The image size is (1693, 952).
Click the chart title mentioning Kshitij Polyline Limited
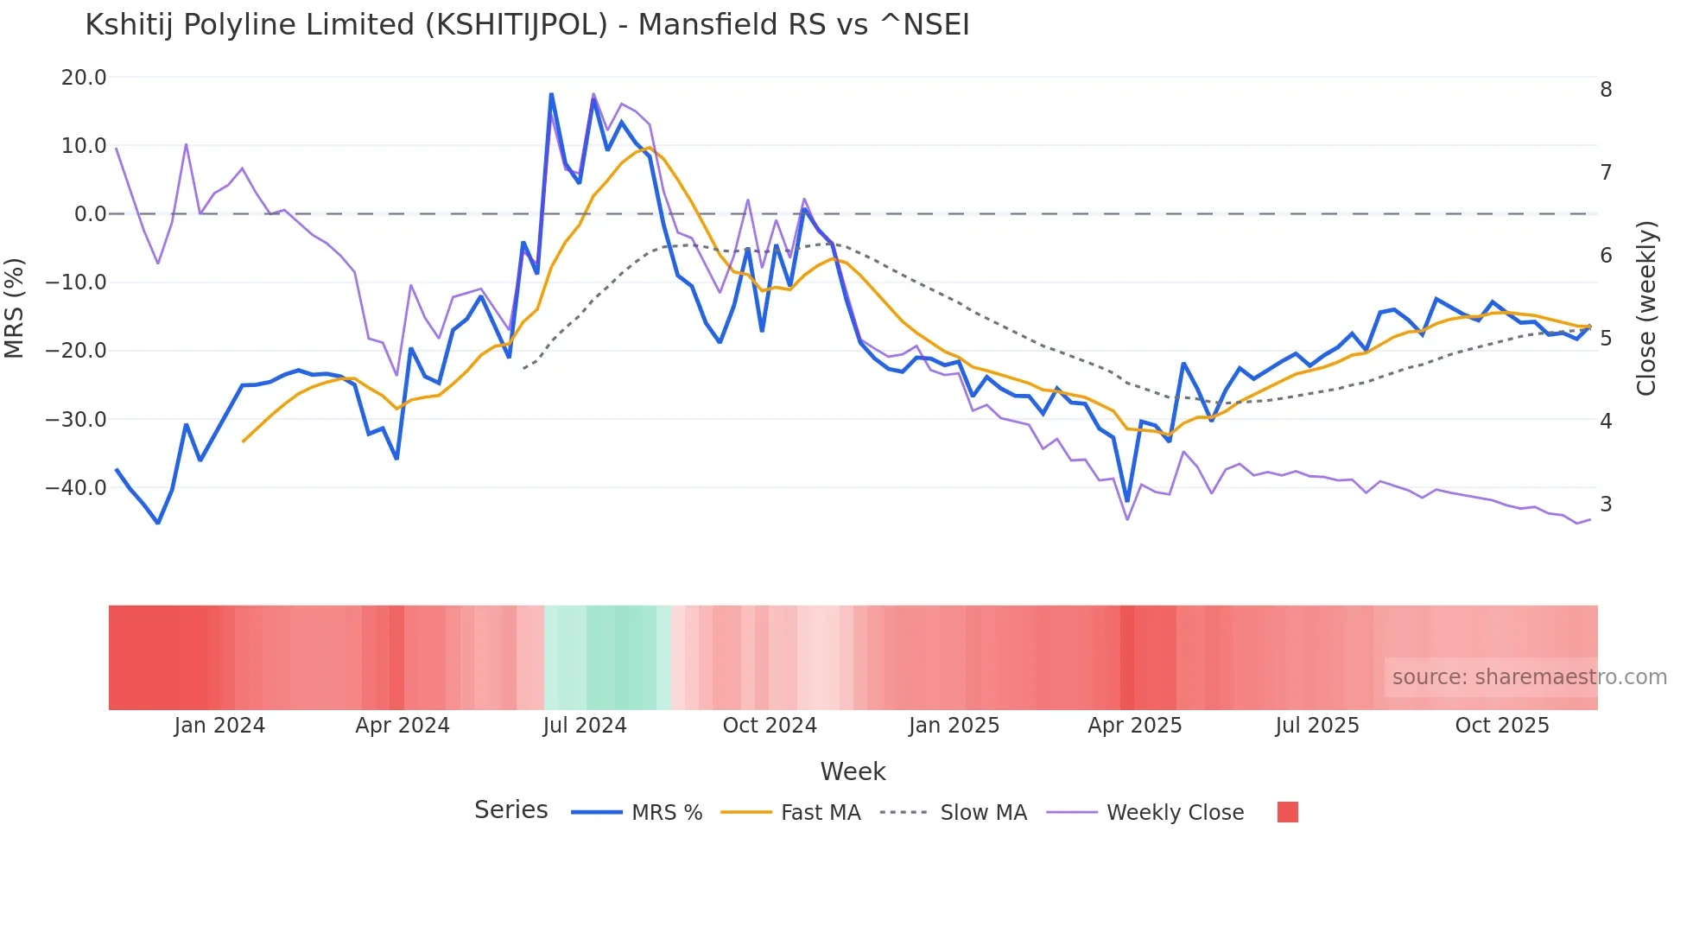527,25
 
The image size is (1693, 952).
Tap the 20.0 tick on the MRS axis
84,78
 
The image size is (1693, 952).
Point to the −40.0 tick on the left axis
76,488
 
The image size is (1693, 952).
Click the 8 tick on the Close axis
1606,90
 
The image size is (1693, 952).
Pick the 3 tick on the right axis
1606,505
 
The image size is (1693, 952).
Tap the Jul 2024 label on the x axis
585,726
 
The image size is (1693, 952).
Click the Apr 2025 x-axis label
1134,726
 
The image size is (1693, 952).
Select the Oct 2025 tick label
1502,726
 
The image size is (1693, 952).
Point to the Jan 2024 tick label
219,726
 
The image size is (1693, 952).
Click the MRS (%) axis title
15,308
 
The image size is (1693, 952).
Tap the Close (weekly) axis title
1646,308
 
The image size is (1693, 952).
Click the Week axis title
853,771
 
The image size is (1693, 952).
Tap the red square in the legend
1287,813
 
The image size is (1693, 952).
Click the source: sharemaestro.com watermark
1529,677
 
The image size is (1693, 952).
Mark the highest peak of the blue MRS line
551,94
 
